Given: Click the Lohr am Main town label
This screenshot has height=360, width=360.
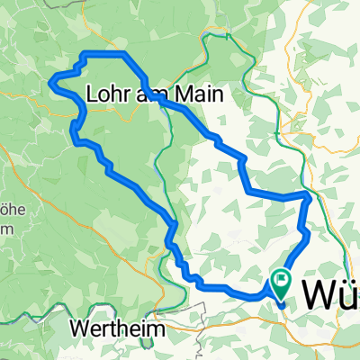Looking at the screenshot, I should pyautogui.click(x=153, y=94).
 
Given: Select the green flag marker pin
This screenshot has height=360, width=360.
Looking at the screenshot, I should pyautogui.click(x=281, y=281).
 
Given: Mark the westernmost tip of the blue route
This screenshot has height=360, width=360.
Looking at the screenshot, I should pyautogui.click(x=50, y=85).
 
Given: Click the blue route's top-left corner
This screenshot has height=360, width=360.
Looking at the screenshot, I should pyautogui.click(x=84, y=56).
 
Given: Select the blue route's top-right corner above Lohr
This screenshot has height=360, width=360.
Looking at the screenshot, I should pyautogui.click(x=124, y=56).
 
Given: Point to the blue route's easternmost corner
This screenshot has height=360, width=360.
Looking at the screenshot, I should pyautogui.click(x=310, y=194).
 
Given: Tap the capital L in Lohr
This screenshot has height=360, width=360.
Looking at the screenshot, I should pyautogui.click(x=94, y=94).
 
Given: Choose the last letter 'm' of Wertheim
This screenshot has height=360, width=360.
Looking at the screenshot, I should pyautogui.click(x=158, y=329).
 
